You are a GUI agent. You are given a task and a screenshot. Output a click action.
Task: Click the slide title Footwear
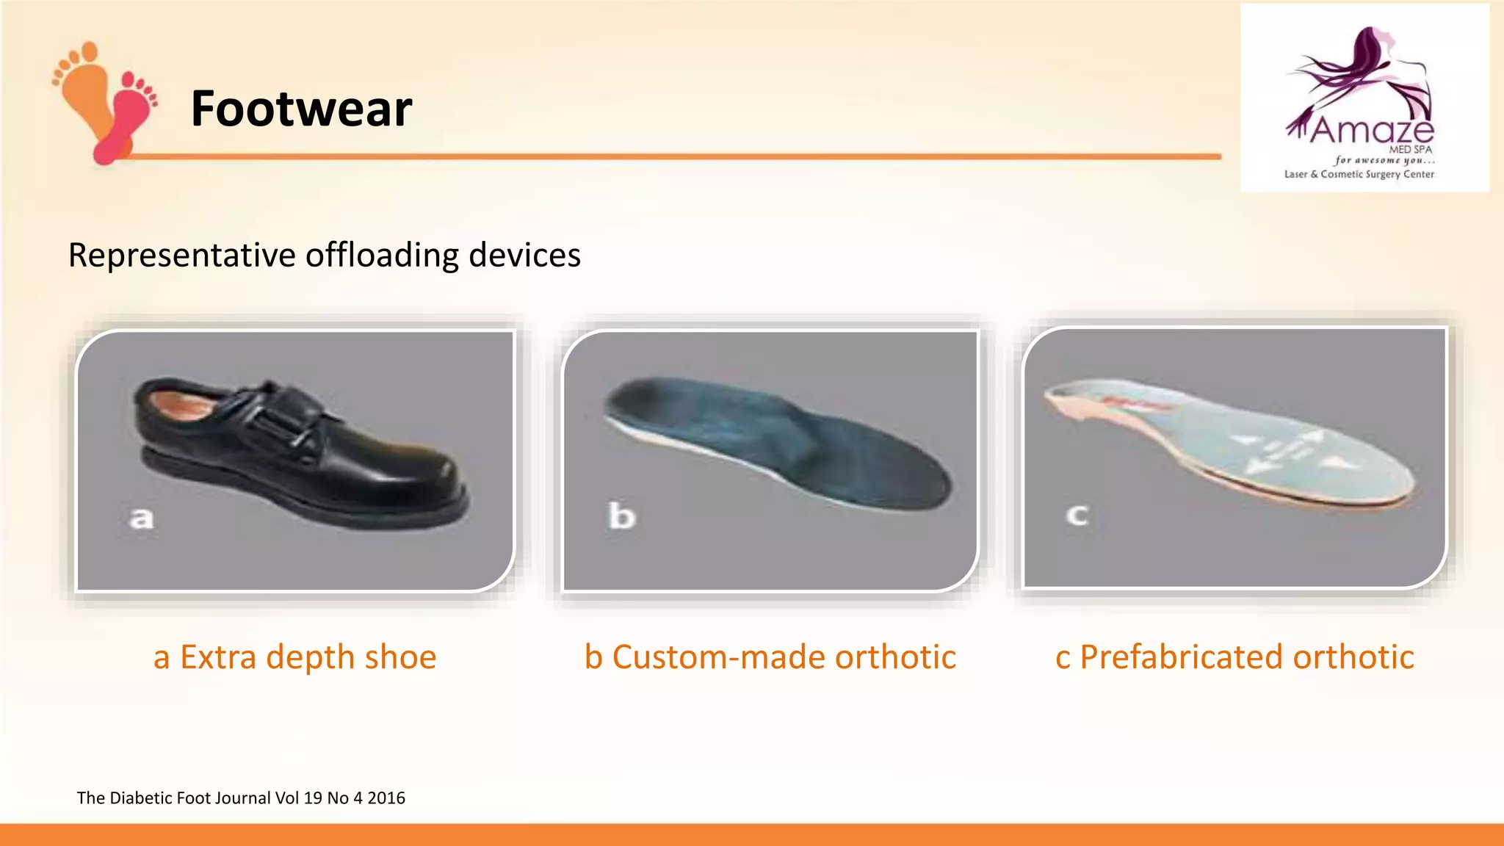click(301, 109)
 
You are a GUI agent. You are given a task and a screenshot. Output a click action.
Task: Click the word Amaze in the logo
click(1371, 131)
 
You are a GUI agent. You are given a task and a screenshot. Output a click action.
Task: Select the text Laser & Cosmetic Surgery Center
click(1359, 175)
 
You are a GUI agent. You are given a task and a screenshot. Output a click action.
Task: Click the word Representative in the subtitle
click(181, 256)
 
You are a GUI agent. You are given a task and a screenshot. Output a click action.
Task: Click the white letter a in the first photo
click(141, 518)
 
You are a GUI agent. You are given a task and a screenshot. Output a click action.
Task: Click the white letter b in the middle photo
click(621, 516)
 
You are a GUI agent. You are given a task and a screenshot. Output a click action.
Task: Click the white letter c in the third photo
click(1077, 515)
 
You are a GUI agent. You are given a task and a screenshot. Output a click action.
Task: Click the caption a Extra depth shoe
click(294, 657)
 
